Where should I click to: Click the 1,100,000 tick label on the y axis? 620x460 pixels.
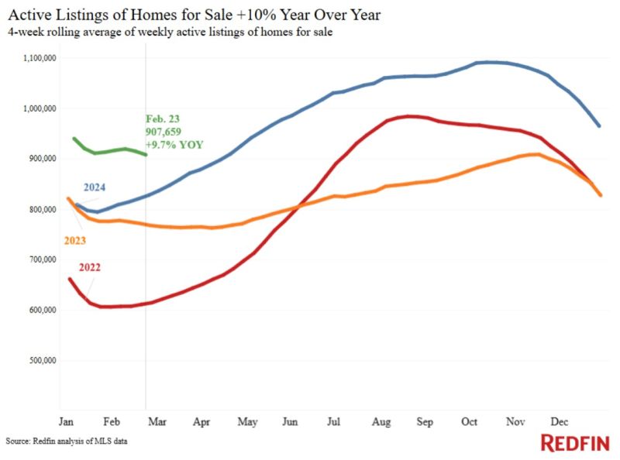pyautogui.click(x=40, y=58)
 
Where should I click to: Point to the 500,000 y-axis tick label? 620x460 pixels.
pyautogui.click(x=43, y=360)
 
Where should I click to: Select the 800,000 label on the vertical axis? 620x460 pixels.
pyautogui.click(x=43, y=209)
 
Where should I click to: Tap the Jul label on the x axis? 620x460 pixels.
pyautogui.click(x=333, y=421)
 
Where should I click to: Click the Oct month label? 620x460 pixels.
pyautogui.click(x=469, y=421)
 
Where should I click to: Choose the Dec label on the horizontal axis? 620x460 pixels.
pyautogui.click(x=559, y=421)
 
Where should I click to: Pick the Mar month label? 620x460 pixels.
pyautogui.click(x=157, y=421)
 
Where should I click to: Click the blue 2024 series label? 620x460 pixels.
pyautogui.click(x=95, y=187)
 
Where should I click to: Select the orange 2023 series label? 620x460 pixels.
pyautogui.click(x=74, y=240)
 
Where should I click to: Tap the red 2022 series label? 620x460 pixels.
pyautogui.click(x=89, y=267)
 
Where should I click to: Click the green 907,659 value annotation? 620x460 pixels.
pyautogui.click(x=163, y=132)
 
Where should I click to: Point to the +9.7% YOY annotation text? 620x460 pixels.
pyautogui.click(x=174, y=145)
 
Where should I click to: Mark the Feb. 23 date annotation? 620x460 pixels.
pyautogui.click(x=163, y=118)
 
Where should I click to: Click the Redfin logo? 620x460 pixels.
pyautogui.click(x=575, y=443)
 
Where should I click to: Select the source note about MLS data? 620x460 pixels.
pyautogui.click(x=67, y=441)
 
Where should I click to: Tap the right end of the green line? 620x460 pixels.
pyautogui.click(x=146, y=155)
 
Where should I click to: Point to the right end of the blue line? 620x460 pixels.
pyautogui.click(x=599, y=126)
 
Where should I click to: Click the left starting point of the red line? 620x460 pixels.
pyautogui.click(x=70, y=279)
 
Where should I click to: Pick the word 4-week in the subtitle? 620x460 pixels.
pyautogui.click(x=26, y=32)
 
